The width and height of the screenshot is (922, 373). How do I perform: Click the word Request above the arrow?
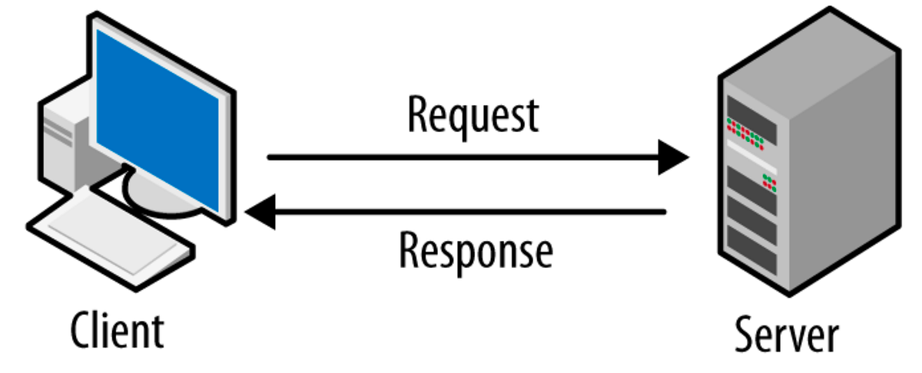472,116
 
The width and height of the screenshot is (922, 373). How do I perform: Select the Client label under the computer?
117,331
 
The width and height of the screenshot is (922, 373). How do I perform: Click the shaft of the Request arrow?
461,158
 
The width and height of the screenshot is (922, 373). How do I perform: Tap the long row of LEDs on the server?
745,131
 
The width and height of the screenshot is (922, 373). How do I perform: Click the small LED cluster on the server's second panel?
768,183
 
